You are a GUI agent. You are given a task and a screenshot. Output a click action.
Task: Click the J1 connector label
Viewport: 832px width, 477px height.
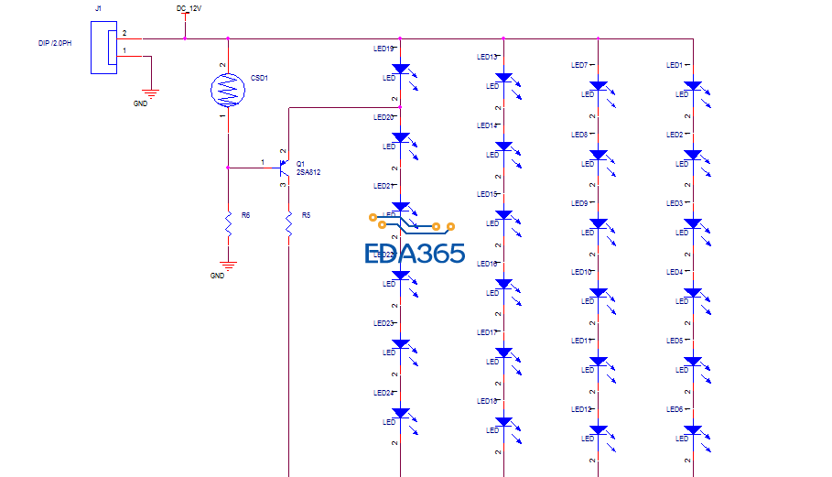99,8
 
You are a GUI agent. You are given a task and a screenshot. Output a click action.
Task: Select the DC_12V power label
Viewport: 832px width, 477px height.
189,8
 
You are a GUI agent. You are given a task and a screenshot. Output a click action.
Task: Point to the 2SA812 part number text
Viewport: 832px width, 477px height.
308,173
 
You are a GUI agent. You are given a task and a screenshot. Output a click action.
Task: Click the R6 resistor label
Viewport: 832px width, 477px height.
245,214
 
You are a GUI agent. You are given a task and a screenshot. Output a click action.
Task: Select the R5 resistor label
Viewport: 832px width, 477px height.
307,214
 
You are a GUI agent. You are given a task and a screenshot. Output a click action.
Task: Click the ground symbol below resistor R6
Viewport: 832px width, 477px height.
228,266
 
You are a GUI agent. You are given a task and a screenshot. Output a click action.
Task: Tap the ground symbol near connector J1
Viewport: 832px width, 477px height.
152,93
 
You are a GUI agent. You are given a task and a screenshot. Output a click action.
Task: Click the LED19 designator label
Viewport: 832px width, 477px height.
384,49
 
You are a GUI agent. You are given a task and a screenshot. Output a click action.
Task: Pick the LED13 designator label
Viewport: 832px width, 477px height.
488,57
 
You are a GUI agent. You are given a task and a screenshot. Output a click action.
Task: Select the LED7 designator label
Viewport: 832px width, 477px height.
578,65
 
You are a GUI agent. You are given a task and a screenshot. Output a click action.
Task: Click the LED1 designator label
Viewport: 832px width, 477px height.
675,65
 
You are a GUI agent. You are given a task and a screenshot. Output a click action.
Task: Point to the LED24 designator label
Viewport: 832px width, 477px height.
384,392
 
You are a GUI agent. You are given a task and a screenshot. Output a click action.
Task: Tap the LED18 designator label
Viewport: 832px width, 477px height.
488,401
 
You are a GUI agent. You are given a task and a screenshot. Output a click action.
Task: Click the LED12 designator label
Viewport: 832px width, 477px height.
581,409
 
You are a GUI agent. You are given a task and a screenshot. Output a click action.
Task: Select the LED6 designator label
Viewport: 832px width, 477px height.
675,409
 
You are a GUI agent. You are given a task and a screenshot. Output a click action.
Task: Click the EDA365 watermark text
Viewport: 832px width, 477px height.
415,255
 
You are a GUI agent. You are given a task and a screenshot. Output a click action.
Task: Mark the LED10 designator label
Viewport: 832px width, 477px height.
581,272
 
